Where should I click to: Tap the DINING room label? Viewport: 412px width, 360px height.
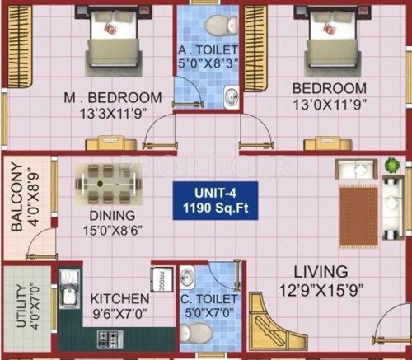click(x=106, y=219)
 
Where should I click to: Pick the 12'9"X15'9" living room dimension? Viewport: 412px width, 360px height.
click(x=321, y=289)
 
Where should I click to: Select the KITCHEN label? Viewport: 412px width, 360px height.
click(x=119, y=297)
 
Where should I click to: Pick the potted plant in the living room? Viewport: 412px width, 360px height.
click(x=389, y=168)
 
